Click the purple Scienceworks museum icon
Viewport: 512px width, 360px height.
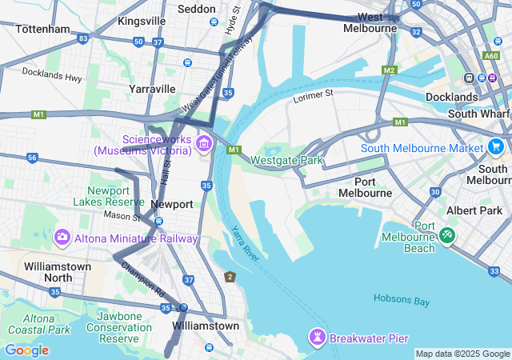click(x=204, y=144)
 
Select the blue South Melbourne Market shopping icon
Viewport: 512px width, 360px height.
click(x=497, y=147)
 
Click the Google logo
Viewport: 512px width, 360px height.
click(x=26, y=350)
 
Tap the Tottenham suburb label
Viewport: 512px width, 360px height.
click(x=42, y=29)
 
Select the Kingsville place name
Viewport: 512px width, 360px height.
click(x=142, y=20)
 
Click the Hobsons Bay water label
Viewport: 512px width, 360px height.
click(x=402, y=301)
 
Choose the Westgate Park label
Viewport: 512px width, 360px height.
click(x=287, y=160)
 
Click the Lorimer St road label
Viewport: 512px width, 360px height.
click(x=312, y=94)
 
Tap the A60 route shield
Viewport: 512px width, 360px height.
click(x=490, y=57)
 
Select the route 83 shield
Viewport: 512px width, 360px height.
click(x=83, y=38)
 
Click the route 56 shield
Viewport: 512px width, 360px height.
click(x=32, y=158)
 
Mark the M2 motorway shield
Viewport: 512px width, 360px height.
click(x=389, y=70)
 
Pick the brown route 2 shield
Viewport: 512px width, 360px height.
click(x=230, y=277)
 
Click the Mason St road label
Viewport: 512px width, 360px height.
click(x=122, y=216)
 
